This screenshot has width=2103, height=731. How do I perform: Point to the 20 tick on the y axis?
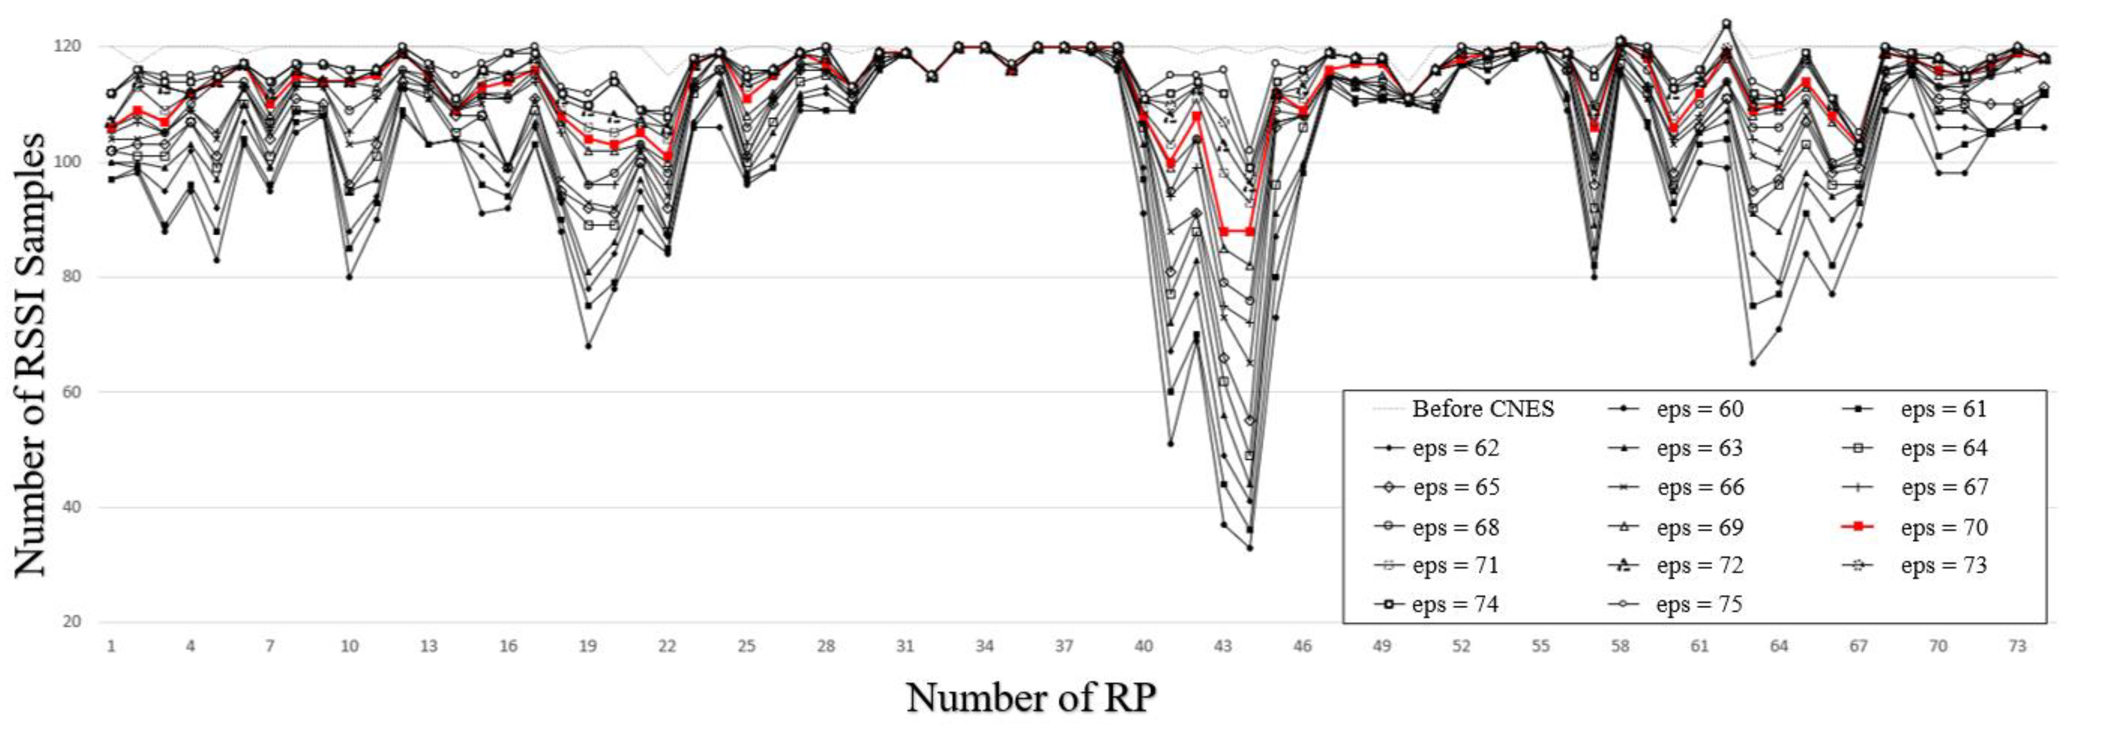point(71,622)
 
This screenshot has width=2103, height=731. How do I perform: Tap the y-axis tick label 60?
point(71,392)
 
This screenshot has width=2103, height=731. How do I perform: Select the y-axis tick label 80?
point(71,277)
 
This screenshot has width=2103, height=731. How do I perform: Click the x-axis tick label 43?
point(1222,646)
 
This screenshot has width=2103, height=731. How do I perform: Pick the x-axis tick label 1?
point(111,646)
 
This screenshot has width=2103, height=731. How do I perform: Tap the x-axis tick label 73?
point(2016,646)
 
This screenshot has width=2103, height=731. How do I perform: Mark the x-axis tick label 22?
point(667,646)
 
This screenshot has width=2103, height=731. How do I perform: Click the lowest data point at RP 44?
point(1249,548)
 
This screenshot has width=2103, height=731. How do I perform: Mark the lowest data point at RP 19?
point(588,347)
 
